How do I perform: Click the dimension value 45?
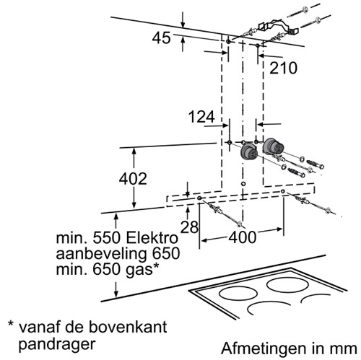tap(161, 38)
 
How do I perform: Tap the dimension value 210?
tap(283, 68)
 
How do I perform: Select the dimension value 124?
tap(201, 117)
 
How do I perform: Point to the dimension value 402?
tap(133, 179)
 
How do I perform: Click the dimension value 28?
tap(189, 227)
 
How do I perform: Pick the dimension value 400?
tap(243, 237)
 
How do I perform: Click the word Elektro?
tap(152, 238)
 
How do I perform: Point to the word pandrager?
tap(57, 344)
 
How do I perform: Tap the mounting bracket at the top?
tap(278, 27)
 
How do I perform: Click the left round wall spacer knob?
tap(249, 152)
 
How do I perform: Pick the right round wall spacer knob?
tap(273, 146)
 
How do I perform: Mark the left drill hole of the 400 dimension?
tap(199, 198)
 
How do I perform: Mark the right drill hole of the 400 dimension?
tap(283, 191)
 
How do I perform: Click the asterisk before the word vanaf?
tap(11, 323)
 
